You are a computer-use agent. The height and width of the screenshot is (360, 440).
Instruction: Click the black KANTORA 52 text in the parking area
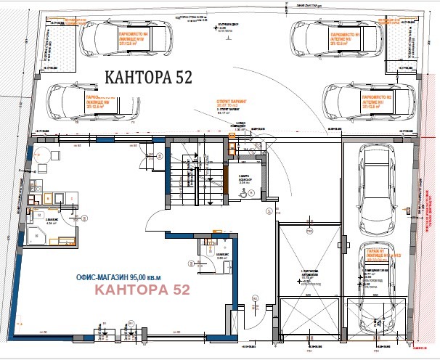pyautogui.click(x=149, y=78)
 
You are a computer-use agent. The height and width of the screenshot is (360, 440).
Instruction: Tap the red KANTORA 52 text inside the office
pyautogui.click(x=143, y=290)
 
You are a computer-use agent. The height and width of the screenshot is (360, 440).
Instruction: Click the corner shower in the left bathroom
pyautogui.click(x=36, y=232)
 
